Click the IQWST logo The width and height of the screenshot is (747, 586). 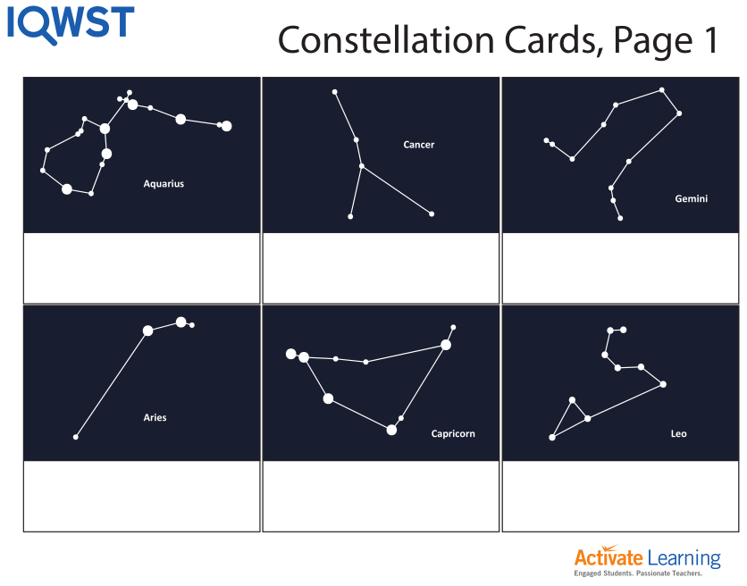tap(71, 23)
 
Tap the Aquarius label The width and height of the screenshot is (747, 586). tap(164, 184)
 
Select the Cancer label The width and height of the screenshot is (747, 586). tap(418, 145)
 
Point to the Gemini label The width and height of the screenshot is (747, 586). tap(691, 199)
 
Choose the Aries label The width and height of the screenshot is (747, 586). tap(155, 417)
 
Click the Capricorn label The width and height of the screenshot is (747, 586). tap(453, 434)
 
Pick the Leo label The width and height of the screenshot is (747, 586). tap(678, 434)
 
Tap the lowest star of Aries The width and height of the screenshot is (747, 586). tap(76, 437)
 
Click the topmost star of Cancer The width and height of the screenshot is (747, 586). tap(334, 92)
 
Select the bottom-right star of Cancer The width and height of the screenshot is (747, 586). tap(432, 213)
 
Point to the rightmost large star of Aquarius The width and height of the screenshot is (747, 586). tap(226, 126)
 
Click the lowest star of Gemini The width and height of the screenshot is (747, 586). tap(620, 218)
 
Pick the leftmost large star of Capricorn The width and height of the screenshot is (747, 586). tap(290, 354)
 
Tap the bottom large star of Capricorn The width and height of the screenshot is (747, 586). tap(391, 430)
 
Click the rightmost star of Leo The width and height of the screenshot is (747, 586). tap(663, 384)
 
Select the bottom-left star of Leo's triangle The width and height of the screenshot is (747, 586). tap(552, 437)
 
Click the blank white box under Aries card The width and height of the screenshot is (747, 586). tap(141, 496)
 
